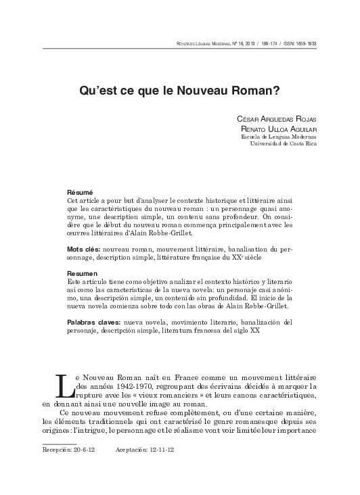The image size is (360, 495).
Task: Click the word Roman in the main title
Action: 253,89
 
